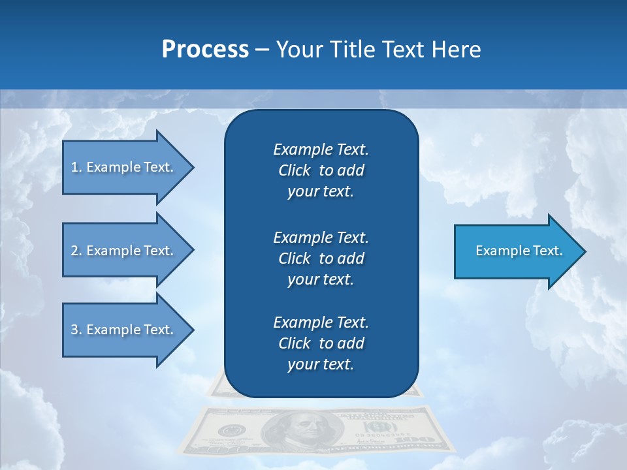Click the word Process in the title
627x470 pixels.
[205, 50]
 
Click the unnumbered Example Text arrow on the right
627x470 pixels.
[516, 251]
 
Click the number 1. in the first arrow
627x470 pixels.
[76, 167]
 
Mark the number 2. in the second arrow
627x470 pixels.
[76, 251]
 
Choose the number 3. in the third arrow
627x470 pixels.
[76, 330]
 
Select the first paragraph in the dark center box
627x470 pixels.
[321, 170]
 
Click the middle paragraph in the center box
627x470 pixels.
[321, 258]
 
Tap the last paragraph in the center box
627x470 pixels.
[321, 343]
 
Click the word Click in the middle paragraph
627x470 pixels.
[295, 258]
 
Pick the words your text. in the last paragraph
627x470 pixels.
[321, 364]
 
